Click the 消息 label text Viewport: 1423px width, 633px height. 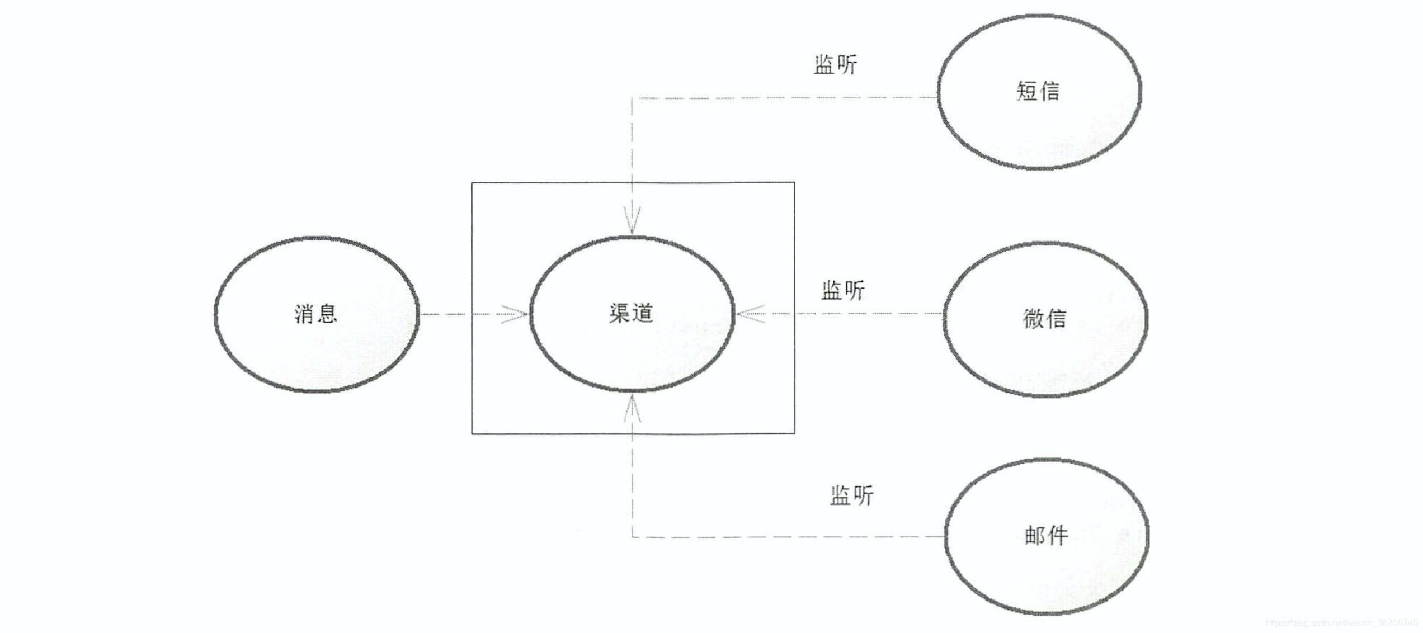316,314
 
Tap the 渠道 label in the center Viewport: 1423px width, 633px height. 632,313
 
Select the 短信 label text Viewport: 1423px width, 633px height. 1038,91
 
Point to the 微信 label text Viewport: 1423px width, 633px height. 1044,318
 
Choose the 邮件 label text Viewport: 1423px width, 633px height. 1046,535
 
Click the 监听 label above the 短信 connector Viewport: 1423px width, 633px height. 835,65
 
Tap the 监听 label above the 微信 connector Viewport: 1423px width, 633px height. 843,290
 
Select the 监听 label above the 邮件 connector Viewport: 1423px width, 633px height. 851,495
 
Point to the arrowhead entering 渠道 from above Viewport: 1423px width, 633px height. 632,221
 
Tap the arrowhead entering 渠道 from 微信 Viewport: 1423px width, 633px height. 750,314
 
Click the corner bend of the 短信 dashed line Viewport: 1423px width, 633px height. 632,98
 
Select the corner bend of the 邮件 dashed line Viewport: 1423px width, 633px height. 633,537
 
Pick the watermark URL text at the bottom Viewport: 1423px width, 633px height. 1342,623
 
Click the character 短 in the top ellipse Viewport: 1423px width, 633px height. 1026,91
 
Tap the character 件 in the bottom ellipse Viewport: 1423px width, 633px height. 1057,535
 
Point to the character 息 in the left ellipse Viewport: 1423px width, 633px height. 327,314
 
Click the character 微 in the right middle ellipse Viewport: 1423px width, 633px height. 1033,318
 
